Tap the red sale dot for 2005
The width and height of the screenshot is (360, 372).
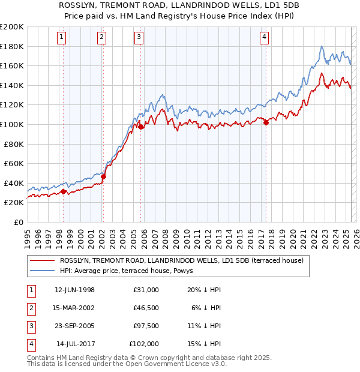tap(141, 127)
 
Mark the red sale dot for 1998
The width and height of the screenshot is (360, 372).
tap(64, 192)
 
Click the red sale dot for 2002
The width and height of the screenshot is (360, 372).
tap(103, 177)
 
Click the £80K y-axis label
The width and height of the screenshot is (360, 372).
tap(14, 144)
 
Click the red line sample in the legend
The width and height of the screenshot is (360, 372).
tap(42, 260)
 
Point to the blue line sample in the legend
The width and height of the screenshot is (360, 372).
tap(42, 270)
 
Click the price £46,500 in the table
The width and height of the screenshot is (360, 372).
tap(146, 308)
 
